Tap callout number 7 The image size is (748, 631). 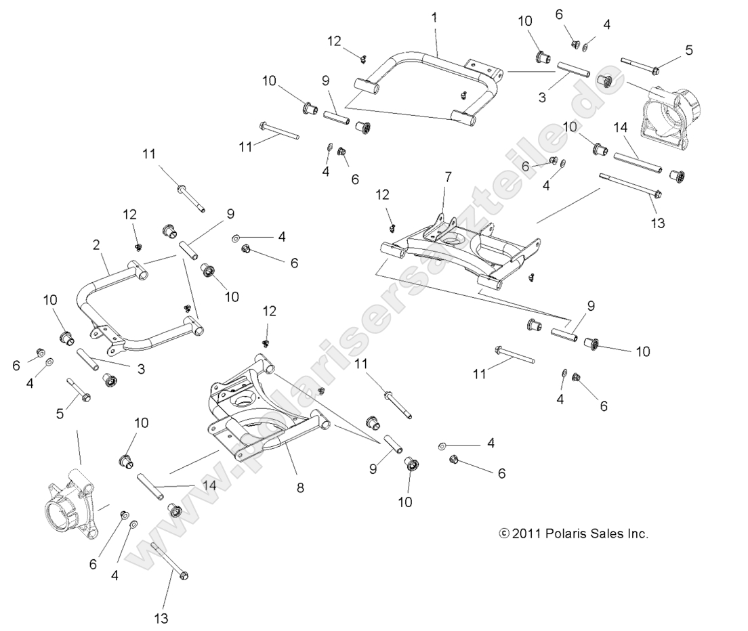click(x=446, y=177)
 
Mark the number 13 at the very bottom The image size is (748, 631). click(x=161, y=617)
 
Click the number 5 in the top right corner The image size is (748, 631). click(x=689, y=49)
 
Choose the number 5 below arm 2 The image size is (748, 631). click(x=60, y=412)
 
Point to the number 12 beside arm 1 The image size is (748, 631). click(x=335, y=41)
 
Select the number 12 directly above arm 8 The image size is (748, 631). click(x=270, y=311)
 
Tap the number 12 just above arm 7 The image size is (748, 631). click(x=383, y=194)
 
